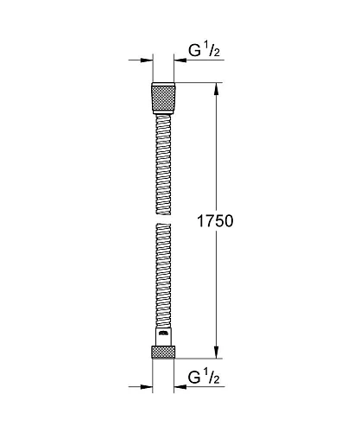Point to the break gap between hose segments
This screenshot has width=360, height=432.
[x=164, y=219]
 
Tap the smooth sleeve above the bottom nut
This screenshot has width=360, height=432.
[x=164, y=337]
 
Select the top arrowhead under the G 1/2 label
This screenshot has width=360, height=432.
[x=183, y=60]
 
